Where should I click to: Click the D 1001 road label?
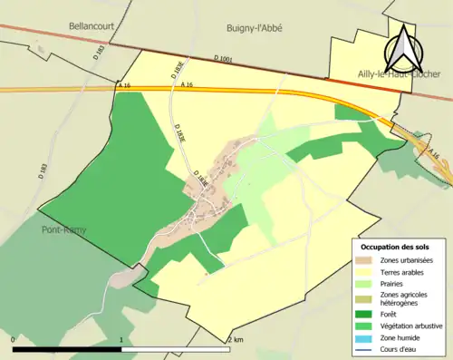pyautogui.click(x=223, y=60)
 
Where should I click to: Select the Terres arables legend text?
pyautogui.click(x=401, y=271)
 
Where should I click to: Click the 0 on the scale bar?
pyautogui.click(x=14, y=339)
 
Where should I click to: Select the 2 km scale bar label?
pyautogui.click(x=236, y=339)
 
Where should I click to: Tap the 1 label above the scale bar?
pyautogui.click(x=121, y=339)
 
